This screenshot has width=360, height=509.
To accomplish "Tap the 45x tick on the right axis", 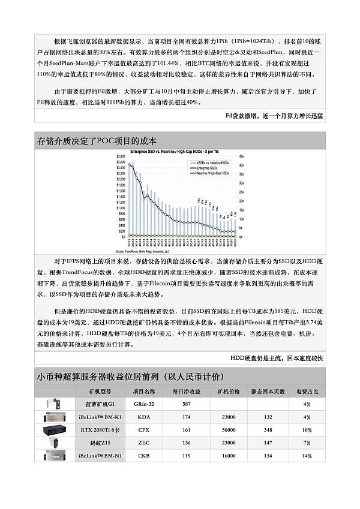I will [x=241, y=156].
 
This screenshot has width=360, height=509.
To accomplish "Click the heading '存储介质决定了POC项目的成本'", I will [x=97, y=141].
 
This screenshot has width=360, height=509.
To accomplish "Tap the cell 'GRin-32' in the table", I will [x=143, y=404].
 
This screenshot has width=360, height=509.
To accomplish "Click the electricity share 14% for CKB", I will [x=307, y=456].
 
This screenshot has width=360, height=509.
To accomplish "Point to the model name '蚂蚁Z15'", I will [x=97, y=442].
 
